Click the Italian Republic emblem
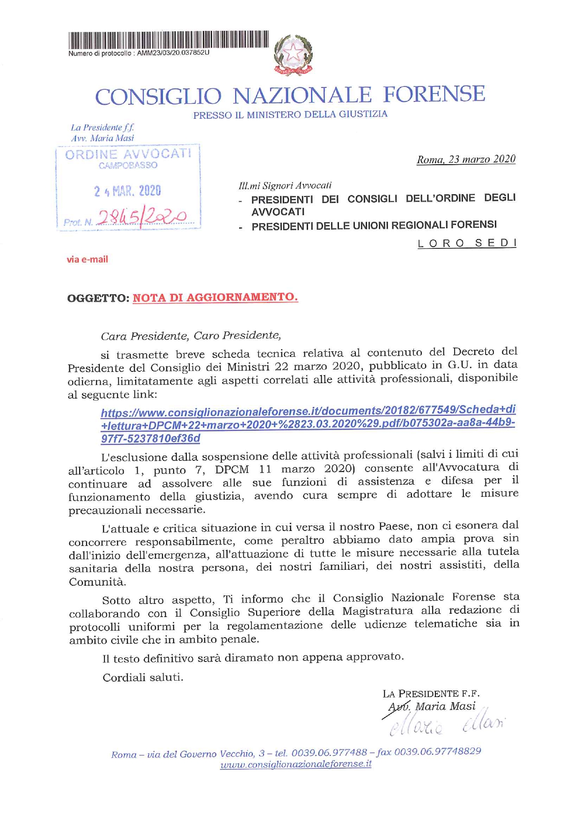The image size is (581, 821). pos(294,55)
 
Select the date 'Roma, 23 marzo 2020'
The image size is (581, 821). pos(466,160)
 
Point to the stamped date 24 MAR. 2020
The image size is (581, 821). pos(127,191)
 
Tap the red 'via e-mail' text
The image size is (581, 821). pos(88,259)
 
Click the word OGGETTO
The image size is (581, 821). pos(97,298)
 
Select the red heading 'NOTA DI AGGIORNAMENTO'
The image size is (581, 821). pos(215,298)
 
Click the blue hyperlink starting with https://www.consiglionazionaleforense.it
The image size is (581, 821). pos(308,424)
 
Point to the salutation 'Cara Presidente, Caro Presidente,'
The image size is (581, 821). pos(191,336)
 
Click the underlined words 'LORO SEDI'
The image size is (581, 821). pos(467,243)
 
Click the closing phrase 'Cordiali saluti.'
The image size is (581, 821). pos(143,677)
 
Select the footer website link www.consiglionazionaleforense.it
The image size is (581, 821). pos(296,764)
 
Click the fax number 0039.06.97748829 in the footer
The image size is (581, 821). pos(438,751)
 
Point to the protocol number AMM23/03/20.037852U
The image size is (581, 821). pos(173,53)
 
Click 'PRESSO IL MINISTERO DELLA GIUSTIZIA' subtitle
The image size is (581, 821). pos(290,114)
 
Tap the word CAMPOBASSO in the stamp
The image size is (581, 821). pos(128,166)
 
